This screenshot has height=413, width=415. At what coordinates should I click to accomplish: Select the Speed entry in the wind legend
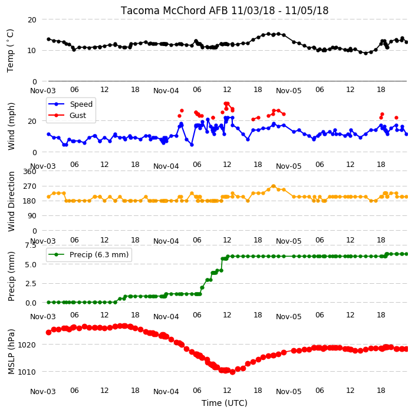(70, 104)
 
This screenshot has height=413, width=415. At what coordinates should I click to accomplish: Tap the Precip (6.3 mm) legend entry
(88, 254)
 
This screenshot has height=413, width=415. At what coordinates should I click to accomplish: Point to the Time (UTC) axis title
(225, 402)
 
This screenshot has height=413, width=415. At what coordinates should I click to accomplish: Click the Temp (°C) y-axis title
(10, 51)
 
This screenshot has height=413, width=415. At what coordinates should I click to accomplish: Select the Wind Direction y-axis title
(11, 201)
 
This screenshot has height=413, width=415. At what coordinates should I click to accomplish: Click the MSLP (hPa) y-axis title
(11, 352)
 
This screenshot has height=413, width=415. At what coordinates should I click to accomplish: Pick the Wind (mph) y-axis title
(11, 126)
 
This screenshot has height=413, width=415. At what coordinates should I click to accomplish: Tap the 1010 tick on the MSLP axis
(27, 372)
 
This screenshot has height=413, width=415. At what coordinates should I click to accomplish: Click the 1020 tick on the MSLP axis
(27, 345)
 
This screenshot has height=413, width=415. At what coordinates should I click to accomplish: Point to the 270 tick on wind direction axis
(29, 186)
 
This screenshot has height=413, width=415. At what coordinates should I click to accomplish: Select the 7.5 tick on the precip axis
(31, 245)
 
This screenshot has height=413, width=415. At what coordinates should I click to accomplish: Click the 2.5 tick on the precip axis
(31, 283)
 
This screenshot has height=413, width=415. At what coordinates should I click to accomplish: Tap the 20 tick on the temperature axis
(32, 19)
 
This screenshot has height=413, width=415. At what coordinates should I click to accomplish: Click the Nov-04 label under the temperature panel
(166, 91)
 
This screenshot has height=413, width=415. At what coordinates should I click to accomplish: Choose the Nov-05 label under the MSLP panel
(288, 391)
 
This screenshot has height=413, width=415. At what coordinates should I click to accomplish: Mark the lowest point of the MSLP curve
(233, 372)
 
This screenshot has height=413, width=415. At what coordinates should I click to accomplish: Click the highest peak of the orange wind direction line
(274, 186)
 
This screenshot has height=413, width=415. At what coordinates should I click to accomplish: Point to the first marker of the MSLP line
(48, 332)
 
